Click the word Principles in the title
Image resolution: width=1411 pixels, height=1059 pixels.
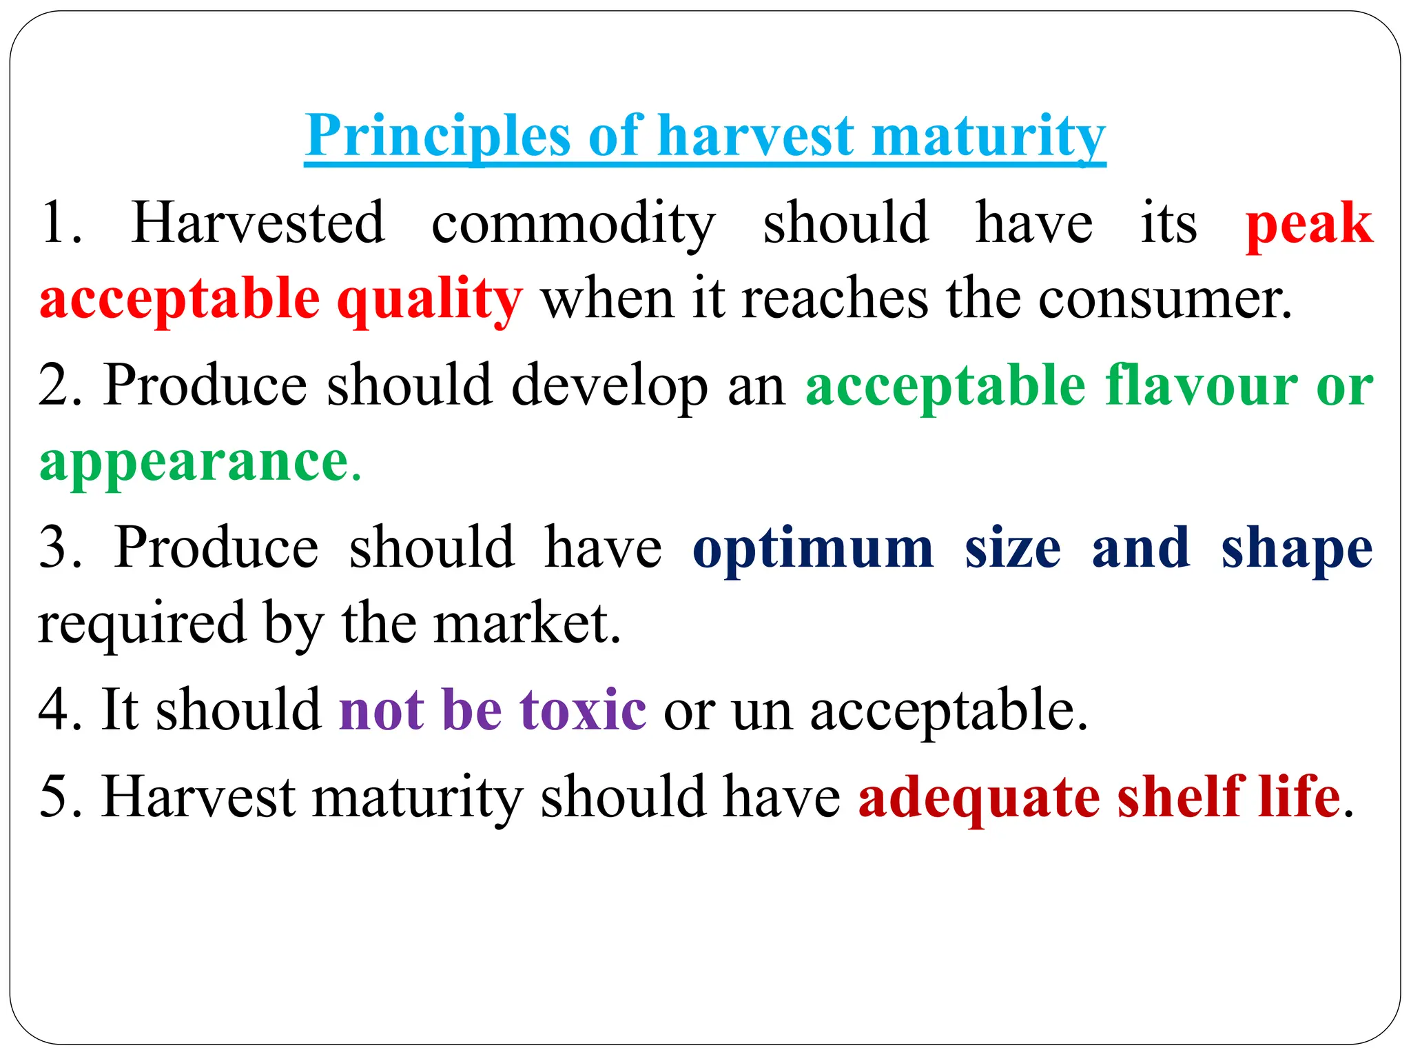(437, 135)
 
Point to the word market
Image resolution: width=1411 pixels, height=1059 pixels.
(526, 623)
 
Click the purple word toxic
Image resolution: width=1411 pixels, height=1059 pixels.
(582, 709)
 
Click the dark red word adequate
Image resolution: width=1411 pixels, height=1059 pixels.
(978, 796)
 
